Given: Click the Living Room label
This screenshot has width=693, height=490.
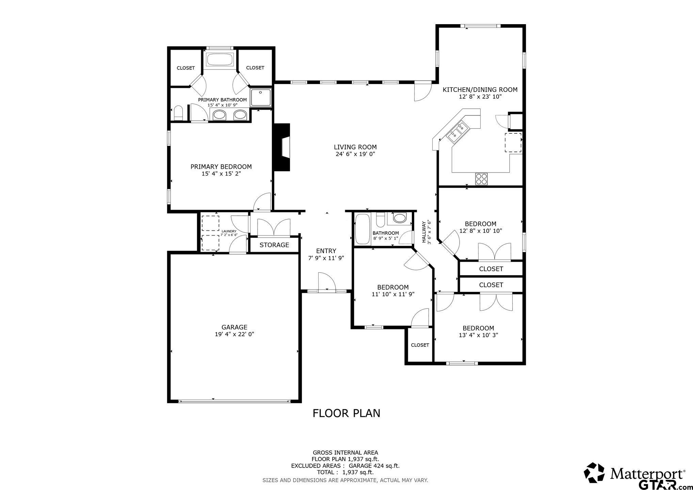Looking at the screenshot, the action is tap(355, 147).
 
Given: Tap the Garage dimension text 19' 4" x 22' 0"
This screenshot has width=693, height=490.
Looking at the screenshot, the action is tap(235, 334).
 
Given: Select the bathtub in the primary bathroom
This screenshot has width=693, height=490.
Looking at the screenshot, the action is tap(220, 59).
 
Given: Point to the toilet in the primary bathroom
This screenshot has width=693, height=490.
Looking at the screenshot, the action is tap(178, 113).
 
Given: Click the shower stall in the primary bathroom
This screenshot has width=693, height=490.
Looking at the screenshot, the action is tap(261, 98).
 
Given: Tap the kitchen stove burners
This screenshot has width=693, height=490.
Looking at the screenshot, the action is tap(481, 179).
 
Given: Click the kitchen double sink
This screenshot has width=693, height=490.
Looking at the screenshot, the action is tap(458, 133).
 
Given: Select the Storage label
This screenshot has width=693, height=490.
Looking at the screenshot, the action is tap(274, 245).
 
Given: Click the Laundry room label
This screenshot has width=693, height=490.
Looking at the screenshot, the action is tap(229, 231).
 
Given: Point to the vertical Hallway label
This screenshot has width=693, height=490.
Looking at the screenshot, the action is tap(424, 232).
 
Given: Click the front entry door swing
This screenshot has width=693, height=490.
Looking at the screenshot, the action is tap(326, 281).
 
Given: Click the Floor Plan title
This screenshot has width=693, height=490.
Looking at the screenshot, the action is tap(346, 413).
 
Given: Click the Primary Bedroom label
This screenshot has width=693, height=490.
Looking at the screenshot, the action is tap(221, 167).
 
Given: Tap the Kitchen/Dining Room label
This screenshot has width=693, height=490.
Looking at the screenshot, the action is tap(480, 90).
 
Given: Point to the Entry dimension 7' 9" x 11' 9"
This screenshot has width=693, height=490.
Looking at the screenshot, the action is tap(326, 258).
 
